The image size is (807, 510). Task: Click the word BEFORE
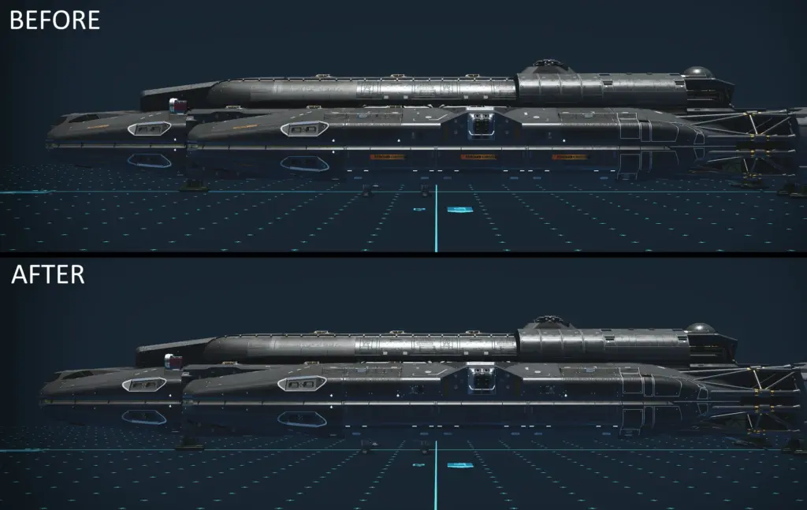point(54,20)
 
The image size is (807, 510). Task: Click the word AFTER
point(48,274)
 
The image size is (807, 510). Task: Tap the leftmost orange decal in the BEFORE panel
point(387,156)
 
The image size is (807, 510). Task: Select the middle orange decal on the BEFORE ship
point(478,156)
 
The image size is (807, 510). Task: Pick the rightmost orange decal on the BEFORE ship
point(569,156)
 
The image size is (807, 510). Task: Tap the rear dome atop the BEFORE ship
point(697,72)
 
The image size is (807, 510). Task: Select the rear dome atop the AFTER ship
point(699,328)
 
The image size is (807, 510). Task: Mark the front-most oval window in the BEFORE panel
point(149,128)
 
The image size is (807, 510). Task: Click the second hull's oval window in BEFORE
point(304,128)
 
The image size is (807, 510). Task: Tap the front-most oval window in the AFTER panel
point(144,384)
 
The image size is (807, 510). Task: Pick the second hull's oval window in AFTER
point(302,384)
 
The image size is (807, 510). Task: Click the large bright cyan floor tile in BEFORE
point(461,210)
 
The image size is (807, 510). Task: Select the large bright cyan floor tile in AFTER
point(460,465)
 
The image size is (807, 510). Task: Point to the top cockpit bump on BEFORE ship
point(549,66)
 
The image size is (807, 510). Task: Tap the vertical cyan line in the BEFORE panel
point(436,218)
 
